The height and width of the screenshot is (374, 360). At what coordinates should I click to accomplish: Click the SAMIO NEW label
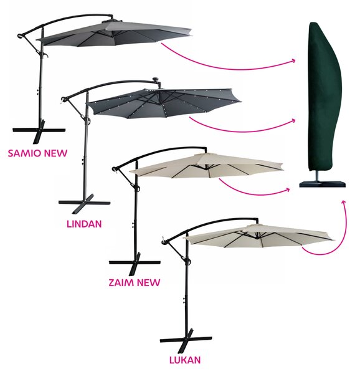37,153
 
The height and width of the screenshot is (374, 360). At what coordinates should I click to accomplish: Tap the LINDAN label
84,224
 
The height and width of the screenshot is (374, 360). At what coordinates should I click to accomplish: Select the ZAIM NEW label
135,282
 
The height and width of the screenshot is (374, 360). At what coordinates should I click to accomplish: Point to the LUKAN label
185,360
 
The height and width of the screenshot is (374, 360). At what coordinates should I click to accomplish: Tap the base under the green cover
323,183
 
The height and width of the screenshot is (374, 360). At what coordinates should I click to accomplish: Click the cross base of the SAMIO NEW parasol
39,132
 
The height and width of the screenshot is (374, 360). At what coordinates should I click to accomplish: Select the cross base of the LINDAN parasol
84,203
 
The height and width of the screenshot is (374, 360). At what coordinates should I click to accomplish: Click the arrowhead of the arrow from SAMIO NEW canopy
293,60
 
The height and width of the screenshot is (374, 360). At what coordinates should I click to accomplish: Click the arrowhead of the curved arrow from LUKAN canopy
343,203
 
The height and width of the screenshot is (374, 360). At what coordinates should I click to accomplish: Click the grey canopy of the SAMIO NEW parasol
115,34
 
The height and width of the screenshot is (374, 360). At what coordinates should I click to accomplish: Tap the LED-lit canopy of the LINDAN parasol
164,103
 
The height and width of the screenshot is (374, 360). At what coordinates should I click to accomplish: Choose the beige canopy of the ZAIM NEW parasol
206,166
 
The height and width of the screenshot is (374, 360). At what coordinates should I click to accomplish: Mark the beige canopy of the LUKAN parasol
259,236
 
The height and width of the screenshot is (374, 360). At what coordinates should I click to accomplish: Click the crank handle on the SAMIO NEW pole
45,55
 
